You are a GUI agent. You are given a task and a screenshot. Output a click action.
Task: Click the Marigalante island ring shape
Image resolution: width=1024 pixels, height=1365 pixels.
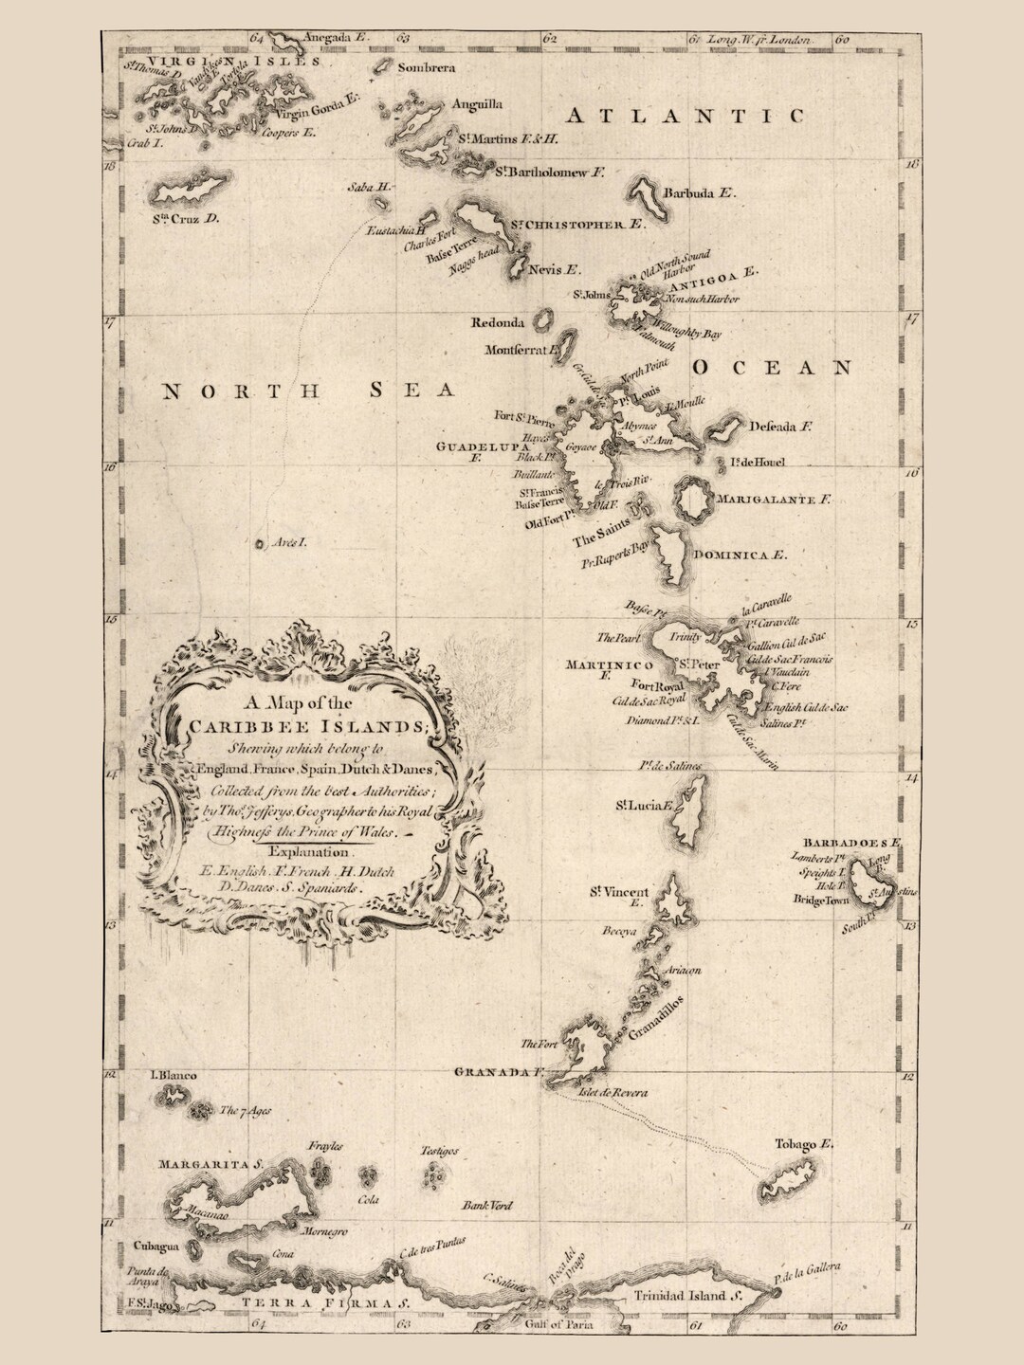[x=693, y=499]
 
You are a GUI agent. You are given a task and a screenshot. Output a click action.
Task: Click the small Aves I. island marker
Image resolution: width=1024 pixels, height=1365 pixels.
[x=259, y=544]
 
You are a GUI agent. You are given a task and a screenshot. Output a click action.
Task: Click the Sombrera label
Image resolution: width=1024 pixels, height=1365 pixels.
[x=427, y=68]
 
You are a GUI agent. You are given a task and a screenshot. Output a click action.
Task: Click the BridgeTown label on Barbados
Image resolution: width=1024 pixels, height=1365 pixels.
[x=822, y=901]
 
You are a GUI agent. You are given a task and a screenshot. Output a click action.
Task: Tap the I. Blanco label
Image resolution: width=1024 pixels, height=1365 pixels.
[x=173, y=1076]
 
